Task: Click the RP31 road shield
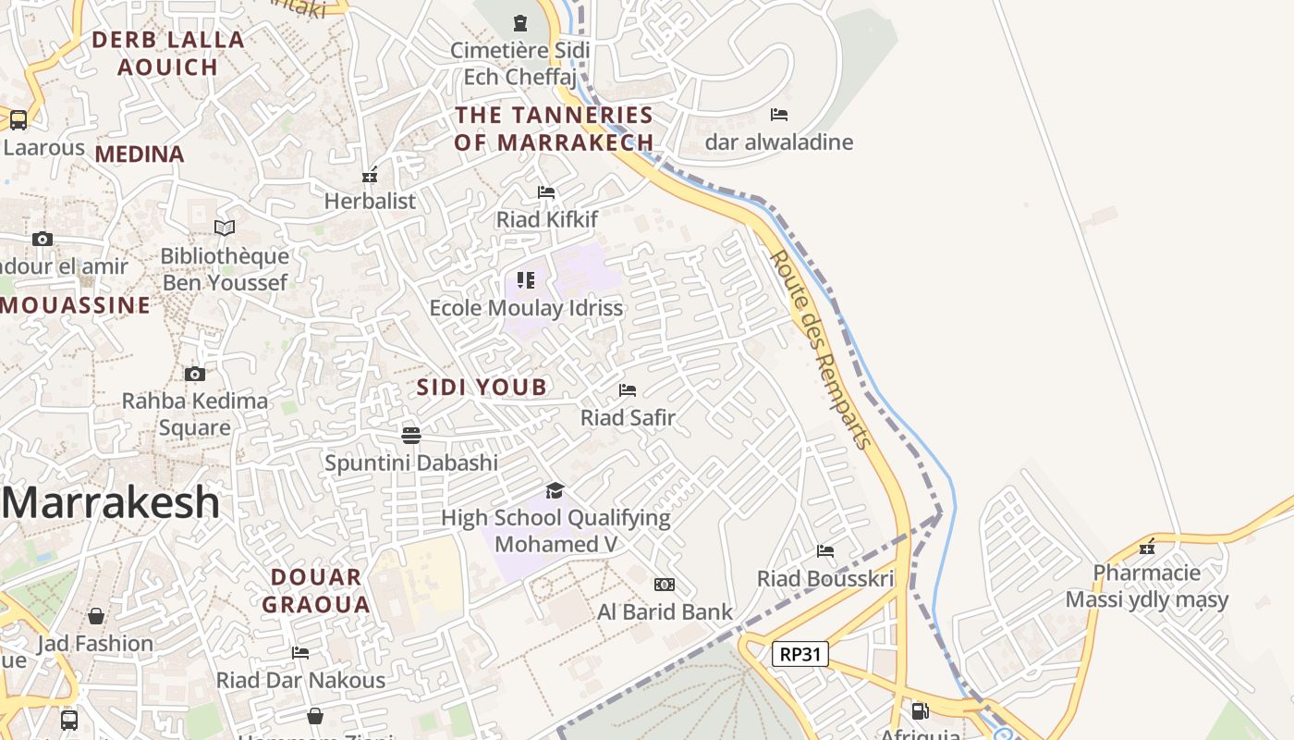coord(800,654)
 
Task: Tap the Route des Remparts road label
coord(822,349)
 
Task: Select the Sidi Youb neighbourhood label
coord(482,387)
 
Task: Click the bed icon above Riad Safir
coord(628,390)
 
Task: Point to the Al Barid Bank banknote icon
coord(664,585)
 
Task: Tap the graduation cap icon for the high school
coord(555,490)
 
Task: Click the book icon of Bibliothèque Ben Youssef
coord(225,228)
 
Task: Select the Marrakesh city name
coord(111,502)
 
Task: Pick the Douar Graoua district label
coord(316,591)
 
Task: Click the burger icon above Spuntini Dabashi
coord(411,435)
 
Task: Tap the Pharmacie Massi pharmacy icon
coord(1147,547)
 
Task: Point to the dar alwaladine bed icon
coord(779,115)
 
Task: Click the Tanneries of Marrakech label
coord(555,129)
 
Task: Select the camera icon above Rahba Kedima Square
coord(194,374)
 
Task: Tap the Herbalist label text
coord(370,201)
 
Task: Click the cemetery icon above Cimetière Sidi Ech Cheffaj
coord(519,22)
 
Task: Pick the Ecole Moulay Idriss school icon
coord(526,279)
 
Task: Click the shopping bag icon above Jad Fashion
coord(96,616)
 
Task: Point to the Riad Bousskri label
coord(825,579)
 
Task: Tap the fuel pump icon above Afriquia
coord(920,710)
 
